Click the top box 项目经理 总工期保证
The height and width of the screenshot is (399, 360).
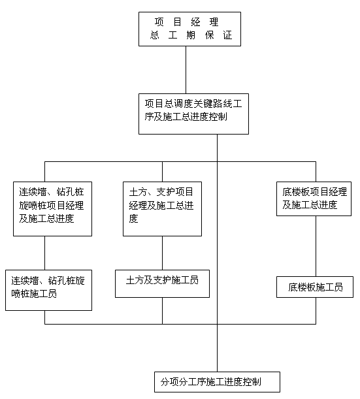click(189, 29)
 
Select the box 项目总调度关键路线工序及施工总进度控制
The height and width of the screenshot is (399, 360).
click(193, 114)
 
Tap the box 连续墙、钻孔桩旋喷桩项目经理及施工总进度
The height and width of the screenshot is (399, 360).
click(52, 209)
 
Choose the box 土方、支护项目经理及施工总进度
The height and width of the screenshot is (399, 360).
click(162, 209)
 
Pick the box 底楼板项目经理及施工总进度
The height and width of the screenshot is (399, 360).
click(314, 199)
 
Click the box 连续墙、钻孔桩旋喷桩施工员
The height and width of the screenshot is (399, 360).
click(48, 290)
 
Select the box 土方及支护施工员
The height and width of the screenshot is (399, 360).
click(162, 283)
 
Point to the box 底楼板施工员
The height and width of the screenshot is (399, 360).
click(315, 287)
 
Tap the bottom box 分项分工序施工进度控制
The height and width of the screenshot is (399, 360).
click(217, 382)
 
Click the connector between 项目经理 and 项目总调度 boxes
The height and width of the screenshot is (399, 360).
click(186, 70)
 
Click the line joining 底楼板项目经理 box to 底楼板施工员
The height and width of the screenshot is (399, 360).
click(316, 246)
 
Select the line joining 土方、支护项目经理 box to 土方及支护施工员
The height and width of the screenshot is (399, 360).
click(163, 253)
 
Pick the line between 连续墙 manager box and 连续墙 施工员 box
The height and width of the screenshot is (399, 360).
click(45, 253)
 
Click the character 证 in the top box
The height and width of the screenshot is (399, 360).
click(228, 35)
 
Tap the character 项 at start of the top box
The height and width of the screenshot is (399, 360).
click(159, 22)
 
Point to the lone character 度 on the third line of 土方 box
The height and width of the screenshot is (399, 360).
click(133, 219)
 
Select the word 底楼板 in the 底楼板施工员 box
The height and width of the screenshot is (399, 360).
click(302, 287)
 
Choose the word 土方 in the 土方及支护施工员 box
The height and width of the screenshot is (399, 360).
click(135, 280)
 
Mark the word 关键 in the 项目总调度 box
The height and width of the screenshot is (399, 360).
click(205, 104)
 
